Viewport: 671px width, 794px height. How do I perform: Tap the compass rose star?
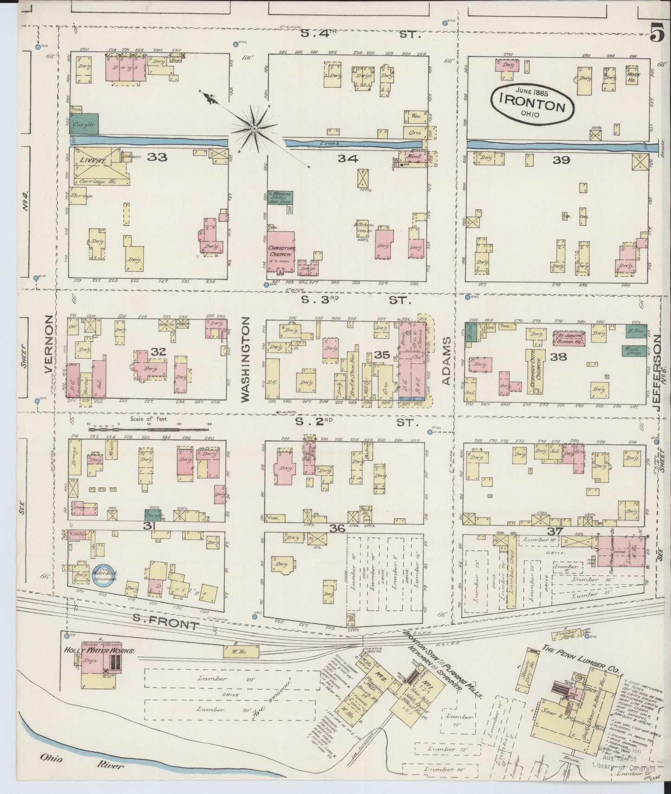pyautogui.click(x=254, y=127)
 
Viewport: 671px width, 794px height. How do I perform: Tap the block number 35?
pyautogui.click(x=382, y=355)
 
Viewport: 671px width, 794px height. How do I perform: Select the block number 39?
pyautogui.click(x=560, y=160)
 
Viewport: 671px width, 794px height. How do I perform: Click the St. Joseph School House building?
pyautogui.click(x=568, y=338)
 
